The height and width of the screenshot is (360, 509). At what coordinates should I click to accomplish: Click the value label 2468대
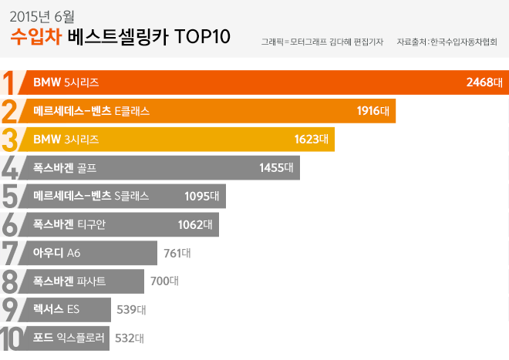pos(484,82)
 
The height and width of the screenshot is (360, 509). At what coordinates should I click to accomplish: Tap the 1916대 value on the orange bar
pos(376,111)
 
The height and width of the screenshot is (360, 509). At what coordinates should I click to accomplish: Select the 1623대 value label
pos(312,140)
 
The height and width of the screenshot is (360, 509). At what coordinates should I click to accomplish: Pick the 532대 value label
pos(129,338)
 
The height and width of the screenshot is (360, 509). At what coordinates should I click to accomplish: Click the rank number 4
pos(10,168)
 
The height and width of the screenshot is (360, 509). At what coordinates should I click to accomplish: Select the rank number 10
pos(12,338)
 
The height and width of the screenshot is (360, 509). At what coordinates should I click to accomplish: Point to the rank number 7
pos(10,253)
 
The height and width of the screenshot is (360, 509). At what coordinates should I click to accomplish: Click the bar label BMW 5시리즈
pos(66,82)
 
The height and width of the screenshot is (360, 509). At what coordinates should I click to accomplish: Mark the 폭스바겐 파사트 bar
pos(86,281)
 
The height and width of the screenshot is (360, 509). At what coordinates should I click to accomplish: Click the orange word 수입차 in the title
pos(35,36)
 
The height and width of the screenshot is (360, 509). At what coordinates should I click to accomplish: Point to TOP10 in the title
pos(203,37)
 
